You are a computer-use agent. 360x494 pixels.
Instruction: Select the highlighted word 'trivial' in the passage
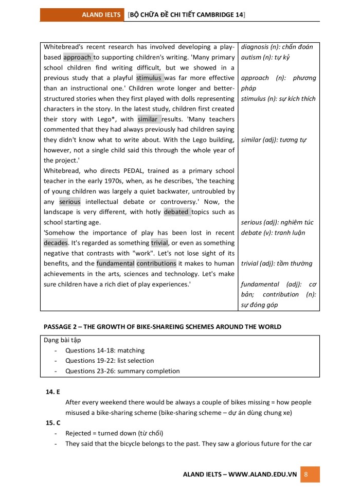coord(159,243)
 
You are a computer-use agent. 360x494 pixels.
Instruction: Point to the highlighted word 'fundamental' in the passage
coord(115,263)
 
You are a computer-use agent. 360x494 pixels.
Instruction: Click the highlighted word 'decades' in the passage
coord(56,243)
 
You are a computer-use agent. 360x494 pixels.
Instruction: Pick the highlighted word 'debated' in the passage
coord(176,212)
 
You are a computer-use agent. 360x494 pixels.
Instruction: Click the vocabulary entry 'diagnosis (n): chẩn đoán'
coord(277,47)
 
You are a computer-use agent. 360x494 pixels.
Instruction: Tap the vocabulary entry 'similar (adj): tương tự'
coord(274,140)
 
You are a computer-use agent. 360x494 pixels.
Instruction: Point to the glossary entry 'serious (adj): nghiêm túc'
coord(277,222)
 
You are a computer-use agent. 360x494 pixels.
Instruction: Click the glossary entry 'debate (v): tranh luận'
coord(273,233)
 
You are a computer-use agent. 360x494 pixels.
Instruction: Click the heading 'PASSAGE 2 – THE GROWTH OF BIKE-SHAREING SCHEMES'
coord(163,327)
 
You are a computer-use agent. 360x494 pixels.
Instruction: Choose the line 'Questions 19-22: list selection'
coord(110,361)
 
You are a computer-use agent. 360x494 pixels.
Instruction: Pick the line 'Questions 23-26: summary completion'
coord(122,371)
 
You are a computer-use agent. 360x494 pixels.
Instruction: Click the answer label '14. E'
coord(53,392)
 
